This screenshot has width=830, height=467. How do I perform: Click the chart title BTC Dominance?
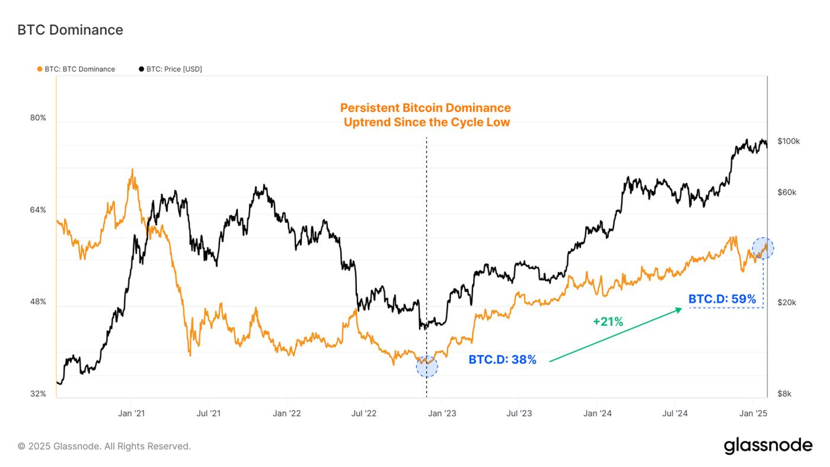point(70,30)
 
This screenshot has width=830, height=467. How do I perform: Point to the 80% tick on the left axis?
point(38,118)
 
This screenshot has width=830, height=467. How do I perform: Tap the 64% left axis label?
point(38,210)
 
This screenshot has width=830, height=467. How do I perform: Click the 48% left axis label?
point(38,302)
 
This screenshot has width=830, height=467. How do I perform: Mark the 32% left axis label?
point(38,394)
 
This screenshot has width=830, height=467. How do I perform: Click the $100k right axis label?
point(788,142)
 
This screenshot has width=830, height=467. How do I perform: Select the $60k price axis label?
point(787,193)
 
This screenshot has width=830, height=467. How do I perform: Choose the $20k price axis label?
point(787,303)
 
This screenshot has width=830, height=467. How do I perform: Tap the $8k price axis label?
point(784,394)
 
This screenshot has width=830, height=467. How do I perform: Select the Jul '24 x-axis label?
point(674,413)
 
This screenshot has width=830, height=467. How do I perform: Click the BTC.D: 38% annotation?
point(502,360)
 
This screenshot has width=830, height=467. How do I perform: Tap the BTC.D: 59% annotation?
point(722,299)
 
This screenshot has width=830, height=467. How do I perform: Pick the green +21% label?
point(608,322)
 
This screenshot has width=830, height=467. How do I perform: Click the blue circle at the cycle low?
point(427,367)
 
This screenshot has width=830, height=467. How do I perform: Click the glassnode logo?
point(768,446)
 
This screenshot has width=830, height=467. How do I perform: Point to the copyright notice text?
point(104,446)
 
